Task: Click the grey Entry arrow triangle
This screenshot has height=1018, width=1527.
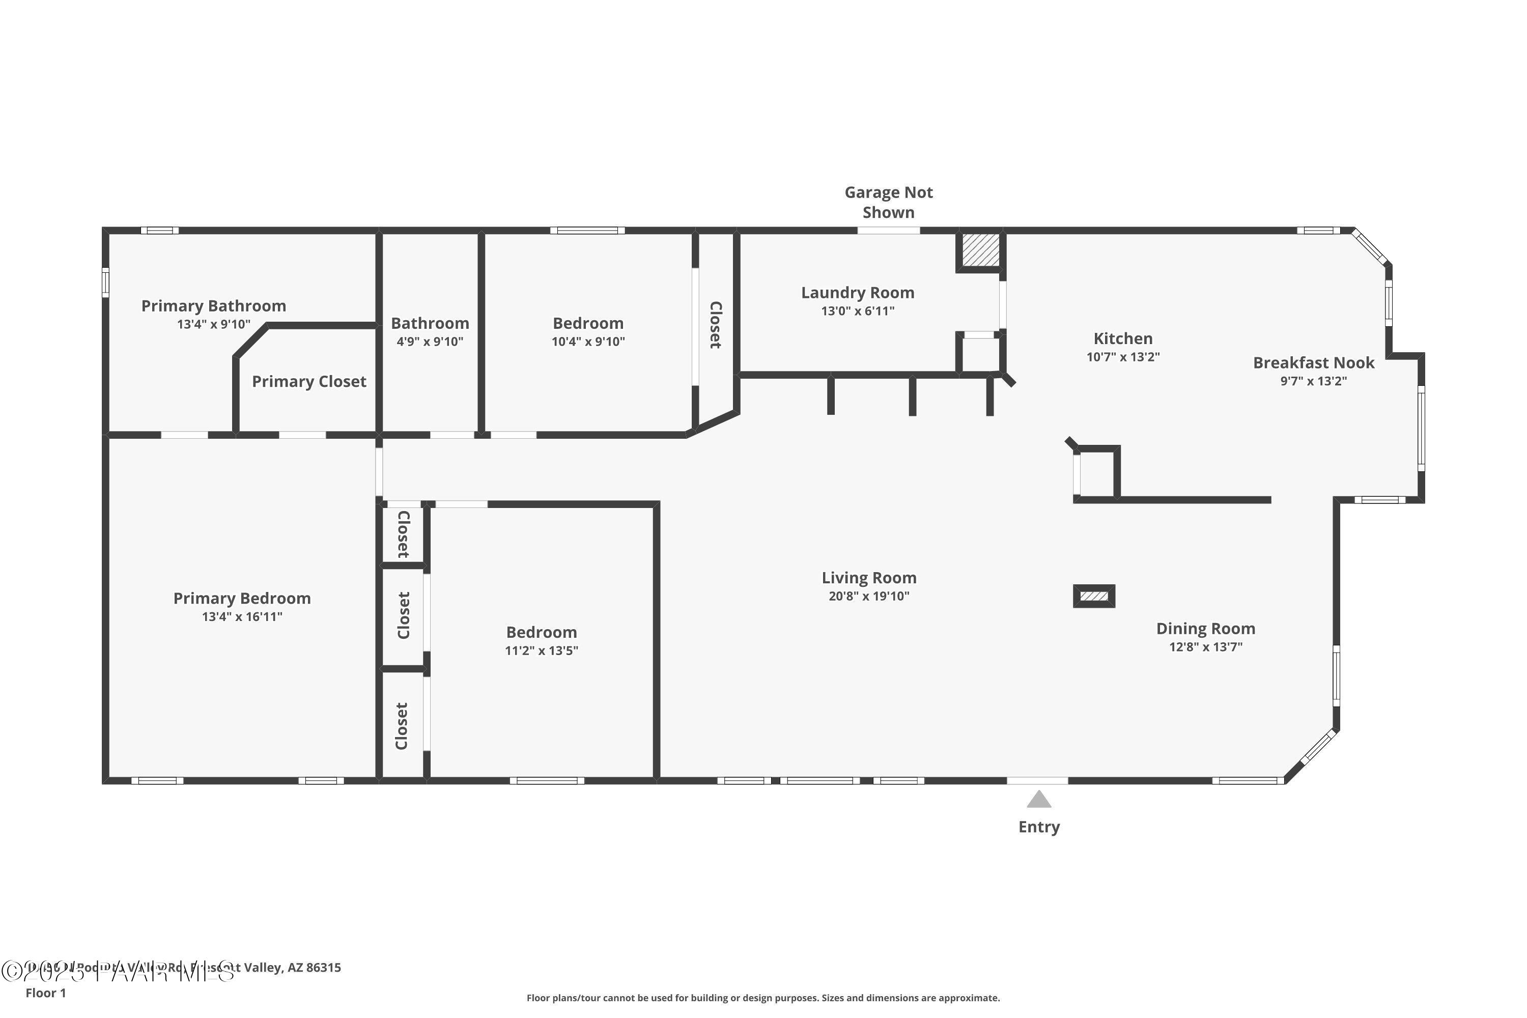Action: tap(1038, 800)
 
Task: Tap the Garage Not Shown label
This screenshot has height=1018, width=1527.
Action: tap(888, 202)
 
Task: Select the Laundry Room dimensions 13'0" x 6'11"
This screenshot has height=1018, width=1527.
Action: tap(857, 311)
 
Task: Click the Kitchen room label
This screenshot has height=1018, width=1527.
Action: tap(1122, 338)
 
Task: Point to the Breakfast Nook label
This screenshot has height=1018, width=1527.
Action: tap(1313, 363)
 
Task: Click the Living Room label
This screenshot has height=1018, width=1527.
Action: tap(869, 578)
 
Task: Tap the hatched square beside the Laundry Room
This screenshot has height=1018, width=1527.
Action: tap(980, 250)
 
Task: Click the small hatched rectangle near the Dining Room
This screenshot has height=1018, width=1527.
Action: tap(1093, 596)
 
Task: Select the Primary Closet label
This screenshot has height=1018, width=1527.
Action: tap(309, 382)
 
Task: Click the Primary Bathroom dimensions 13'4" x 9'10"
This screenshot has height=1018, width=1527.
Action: tap(214, 324)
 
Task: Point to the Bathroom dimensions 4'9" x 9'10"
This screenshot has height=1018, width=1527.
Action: tap(430, 342)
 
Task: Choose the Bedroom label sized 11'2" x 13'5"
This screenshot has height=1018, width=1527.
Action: tap(542, 632)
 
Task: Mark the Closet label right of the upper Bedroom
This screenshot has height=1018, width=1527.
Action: tap(715, 325)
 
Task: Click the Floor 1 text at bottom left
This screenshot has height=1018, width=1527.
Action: tap(45, 993)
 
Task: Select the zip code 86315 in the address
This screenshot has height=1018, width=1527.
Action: tap(323, 968)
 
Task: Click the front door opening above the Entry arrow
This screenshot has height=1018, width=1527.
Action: tap(1037, 781)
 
